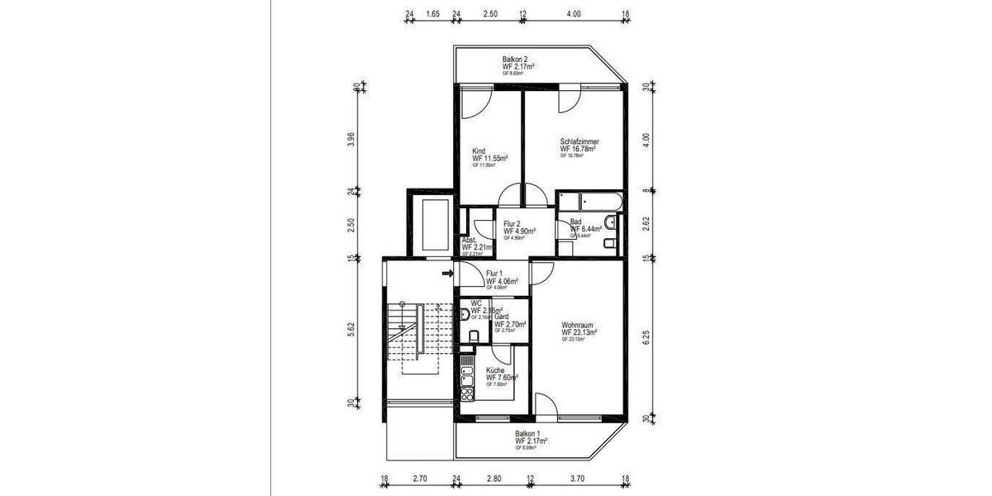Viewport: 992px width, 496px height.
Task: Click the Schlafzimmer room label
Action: (579, 142)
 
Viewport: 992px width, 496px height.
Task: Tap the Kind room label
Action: (478, 151)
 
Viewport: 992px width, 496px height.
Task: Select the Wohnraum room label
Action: (578, 325)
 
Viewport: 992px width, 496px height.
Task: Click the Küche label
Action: (496, 370)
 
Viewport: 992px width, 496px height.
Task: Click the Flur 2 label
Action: (513, 224)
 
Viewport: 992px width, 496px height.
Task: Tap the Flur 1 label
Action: (495, 274)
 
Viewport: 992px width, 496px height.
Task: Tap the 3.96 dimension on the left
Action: (351, 139)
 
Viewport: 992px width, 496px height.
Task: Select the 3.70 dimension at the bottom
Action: (576, 479)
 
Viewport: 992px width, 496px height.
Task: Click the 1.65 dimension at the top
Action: (432, 14)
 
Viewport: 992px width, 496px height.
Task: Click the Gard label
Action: (501, 317)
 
